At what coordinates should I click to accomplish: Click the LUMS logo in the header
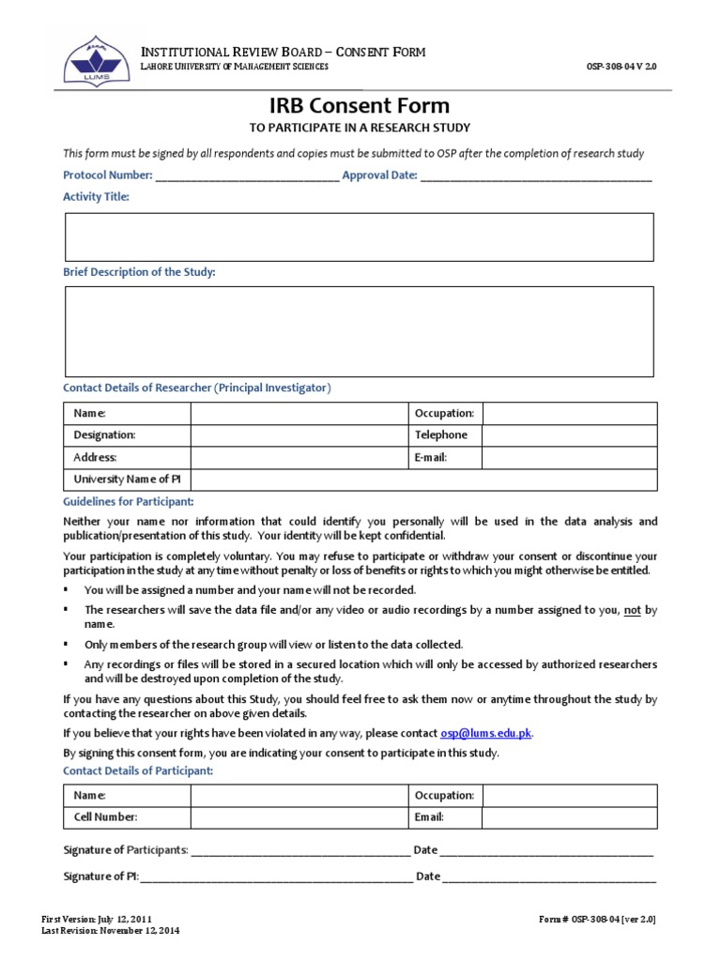[91, 57]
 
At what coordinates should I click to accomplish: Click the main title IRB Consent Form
[360, 106]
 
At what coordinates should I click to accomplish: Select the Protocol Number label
[107, 175]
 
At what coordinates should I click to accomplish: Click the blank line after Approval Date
[535, 176]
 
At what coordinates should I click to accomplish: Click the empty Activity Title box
[360, 236]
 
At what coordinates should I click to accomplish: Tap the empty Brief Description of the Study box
[360, 331]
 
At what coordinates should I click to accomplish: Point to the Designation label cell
[105, 435]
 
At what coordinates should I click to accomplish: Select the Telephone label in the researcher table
[440, 435]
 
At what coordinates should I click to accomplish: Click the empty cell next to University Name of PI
[422, 480]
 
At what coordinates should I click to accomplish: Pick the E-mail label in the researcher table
[431, 458]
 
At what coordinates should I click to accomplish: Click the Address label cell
[96, 458]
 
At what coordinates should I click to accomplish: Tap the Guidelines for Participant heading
[129, 502]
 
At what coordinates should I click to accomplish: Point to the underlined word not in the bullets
[632, 610]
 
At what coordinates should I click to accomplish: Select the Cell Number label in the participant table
[106, 817]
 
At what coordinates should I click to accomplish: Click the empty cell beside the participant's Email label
[569, 817]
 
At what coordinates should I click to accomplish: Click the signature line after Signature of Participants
[300, 851]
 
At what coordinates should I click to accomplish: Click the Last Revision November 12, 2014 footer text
[111, 931]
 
